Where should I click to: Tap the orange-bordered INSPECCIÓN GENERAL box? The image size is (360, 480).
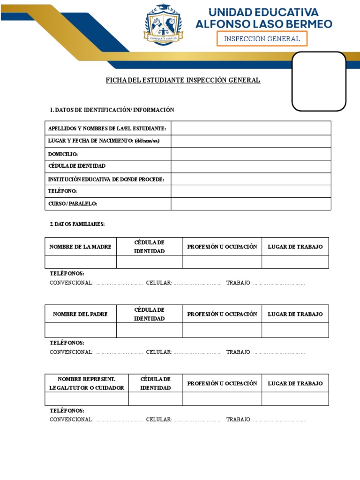[262, 39]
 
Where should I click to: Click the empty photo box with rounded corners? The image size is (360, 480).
[319, 81]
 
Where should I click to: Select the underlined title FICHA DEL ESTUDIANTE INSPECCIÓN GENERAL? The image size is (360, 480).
[183, 80]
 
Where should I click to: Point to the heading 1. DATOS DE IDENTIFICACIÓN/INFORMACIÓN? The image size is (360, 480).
[112, 110]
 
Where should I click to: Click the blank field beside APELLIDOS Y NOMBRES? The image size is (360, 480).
[251, 128]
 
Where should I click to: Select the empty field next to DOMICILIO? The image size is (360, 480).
[251, 154]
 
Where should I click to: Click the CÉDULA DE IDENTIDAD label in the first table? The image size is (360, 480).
[77, 166]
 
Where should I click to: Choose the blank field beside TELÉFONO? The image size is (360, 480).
[251, 191]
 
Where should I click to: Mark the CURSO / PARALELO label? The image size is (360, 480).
[73, 204]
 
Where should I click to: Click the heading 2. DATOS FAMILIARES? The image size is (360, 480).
[77, 224]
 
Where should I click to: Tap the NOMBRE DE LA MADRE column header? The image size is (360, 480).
[81, 247]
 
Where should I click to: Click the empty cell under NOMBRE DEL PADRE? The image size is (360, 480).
[81, 330]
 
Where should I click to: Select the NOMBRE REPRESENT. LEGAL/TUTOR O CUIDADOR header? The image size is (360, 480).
[86, 383]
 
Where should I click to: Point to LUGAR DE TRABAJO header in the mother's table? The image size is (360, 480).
[295, 247]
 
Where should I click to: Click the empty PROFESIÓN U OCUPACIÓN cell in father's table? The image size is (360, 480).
[222, 330]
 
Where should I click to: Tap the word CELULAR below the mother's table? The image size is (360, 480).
[159, 283]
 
